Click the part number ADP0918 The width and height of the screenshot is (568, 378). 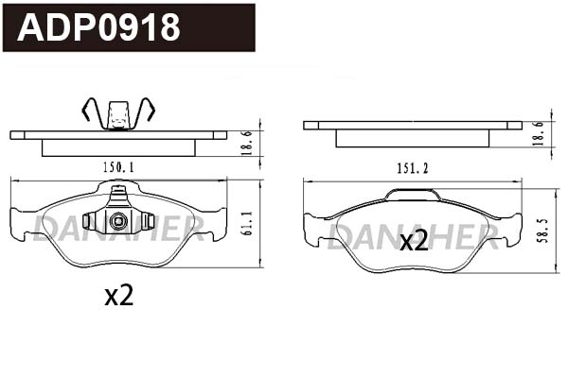tap(99, 27)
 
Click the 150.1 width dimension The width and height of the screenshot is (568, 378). tap(118, 167)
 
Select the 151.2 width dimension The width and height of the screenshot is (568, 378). tap(413, 168)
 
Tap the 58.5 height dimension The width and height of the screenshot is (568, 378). tap(541, 229)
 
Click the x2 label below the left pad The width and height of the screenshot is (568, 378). tap(118, 296)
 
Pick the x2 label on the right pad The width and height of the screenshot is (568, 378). tap(413, 241)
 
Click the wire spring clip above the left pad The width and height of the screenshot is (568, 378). tap(118, 112)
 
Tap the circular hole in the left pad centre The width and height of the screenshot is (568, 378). tap(118, 223)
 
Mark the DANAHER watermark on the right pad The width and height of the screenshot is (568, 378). tap(413, 236)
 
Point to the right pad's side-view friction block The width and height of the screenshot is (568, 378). tap(413, 138)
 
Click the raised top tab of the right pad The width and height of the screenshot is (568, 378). tap(413, 194)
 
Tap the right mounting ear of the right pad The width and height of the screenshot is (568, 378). tap(512, 228)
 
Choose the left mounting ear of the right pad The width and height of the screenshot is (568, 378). tap(312, 228)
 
